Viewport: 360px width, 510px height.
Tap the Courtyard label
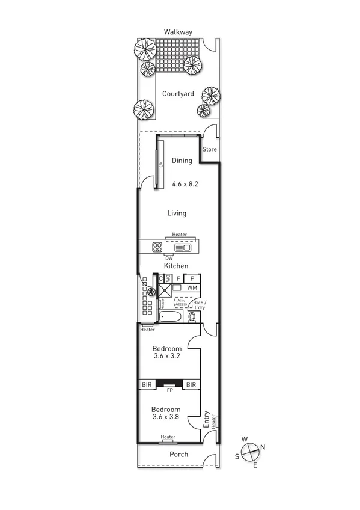(178, 94)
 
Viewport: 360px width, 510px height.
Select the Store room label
(209, 149)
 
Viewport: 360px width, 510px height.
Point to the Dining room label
(182, 161)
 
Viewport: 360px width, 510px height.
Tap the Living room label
(177, 213)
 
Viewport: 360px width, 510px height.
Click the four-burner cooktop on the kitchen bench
(157, 247)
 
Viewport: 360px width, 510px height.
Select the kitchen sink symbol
(182, 247)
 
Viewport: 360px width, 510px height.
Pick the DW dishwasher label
(161, 259)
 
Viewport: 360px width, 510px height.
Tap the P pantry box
(192, 278)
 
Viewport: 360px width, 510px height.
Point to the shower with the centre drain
(164, 289)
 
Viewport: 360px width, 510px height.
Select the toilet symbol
(192, 316)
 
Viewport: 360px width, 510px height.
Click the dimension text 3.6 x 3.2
(166, 356)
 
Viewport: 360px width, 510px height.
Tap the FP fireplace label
(170, 390)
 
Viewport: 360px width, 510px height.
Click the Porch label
(178, 455)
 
